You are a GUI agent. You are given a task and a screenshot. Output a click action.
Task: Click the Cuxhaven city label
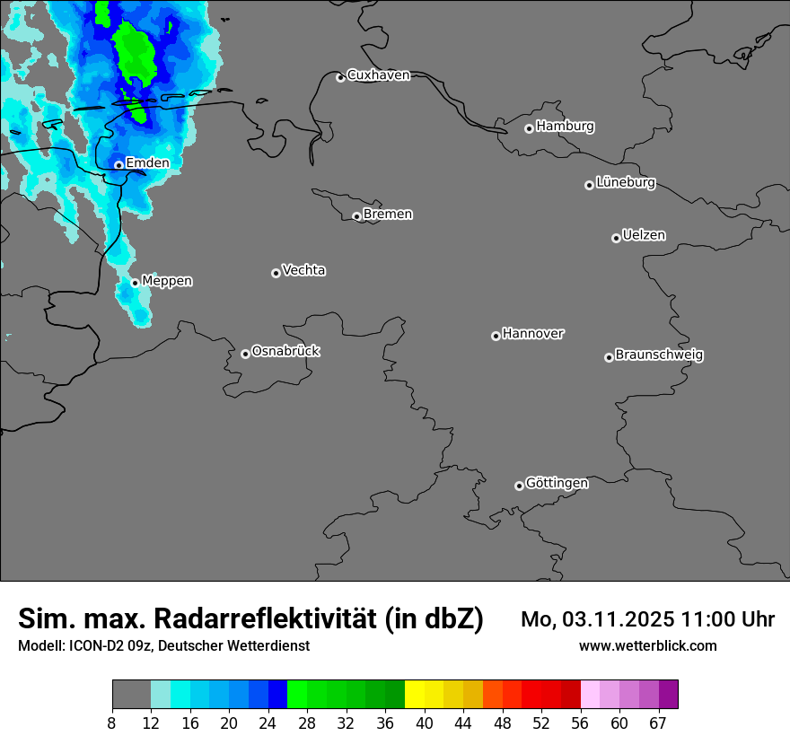coord(378,75)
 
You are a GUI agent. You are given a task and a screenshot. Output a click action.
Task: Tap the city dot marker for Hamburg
coord(529,128)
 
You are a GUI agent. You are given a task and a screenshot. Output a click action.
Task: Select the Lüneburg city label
coord(626,182)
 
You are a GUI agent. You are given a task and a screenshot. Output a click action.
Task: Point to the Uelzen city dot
coord(616,238)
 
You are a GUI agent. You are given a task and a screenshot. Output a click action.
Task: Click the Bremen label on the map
coord(388,214)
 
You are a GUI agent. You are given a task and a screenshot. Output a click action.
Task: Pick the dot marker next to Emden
coord(118,165)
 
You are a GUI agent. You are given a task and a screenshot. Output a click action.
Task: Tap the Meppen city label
coord(167,281)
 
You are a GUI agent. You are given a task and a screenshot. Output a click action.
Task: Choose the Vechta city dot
coord(276,273)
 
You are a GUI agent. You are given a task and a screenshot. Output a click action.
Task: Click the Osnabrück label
coord(285,351)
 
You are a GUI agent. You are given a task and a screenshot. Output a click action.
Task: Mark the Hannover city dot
coord(496,336)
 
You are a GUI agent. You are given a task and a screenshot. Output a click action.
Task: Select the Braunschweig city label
coord(659,355)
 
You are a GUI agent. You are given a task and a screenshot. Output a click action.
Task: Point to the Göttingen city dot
coord(519,486)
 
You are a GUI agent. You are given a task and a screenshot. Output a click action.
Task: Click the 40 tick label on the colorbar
coord(425,723)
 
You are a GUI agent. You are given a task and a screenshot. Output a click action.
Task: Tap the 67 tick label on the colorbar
coord(658,723)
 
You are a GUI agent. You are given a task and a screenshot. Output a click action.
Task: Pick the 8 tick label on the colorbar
coord(112,723)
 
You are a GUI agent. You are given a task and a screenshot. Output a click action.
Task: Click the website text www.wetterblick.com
coord(648,646)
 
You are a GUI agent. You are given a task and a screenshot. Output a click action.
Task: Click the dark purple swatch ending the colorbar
coord(669,695)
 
